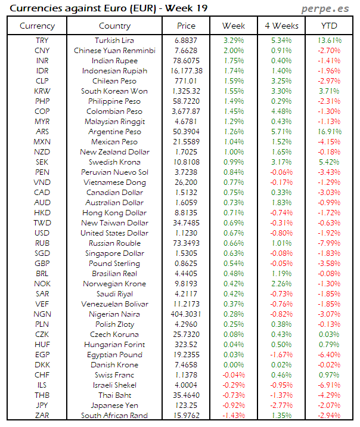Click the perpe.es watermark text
327,8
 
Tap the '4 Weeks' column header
281,26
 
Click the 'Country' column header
114,26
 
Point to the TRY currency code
42,41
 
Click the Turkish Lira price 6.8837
186,41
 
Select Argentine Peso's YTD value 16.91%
328,132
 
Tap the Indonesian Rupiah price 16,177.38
186,71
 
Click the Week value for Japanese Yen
233,405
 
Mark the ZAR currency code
42,415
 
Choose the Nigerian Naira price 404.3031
186,314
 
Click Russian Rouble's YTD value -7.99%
328,243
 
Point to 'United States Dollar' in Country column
114,233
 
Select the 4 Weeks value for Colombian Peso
281,112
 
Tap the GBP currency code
42,264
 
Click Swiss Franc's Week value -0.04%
233,375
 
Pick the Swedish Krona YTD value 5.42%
328,162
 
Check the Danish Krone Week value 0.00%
233,364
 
